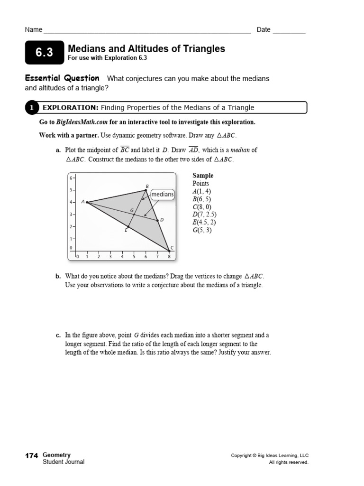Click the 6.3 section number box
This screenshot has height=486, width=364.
[44, 53]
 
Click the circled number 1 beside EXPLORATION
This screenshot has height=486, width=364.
[31, 108]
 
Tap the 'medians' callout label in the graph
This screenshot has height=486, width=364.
[162, 195]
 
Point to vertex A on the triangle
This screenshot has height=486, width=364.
[87, 202]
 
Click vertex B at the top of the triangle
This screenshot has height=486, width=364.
[146, 190]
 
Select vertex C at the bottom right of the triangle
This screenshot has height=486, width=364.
[169, 250]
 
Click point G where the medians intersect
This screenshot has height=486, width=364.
[134, 215]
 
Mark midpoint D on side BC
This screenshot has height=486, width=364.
[158, 220]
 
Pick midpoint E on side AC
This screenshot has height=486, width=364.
[128, 226]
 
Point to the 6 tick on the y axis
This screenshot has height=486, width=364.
[72, 178]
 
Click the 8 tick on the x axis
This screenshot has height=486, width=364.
[169, 257]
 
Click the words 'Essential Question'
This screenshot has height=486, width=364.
[62, 78]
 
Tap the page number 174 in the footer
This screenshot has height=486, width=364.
[31, 456]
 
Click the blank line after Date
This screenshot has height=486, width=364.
[289, 30]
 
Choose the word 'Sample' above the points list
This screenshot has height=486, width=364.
[203, 176]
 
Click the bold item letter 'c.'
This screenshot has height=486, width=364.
[58, 335]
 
